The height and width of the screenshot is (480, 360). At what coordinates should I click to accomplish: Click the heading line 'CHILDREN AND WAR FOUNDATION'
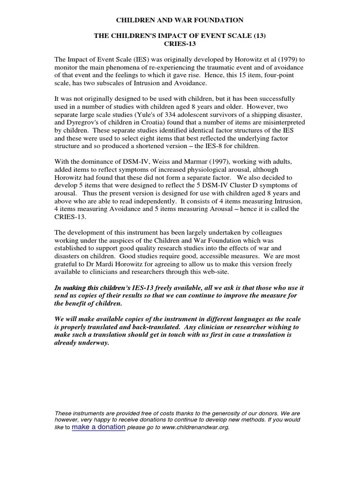click(x=180, y=20)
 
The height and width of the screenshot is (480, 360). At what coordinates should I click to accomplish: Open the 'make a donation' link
click(x=98, y=427)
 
